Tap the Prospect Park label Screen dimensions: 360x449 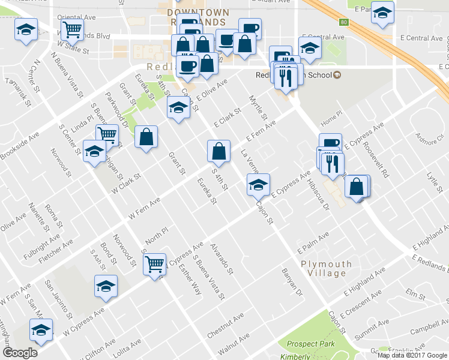click(x=310, y=344)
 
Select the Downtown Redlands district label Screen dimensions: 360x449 click(x=189, y=16)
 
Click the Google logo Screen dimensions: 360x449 click(x=20, y=353)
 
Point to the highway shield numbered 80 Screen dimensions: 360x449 click(x=344, y=23)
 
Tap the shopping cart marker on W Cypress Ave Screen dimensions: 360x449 click(x=155, y=263)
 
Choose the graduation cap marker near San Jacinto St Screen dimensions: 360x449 click(x=106, y=286)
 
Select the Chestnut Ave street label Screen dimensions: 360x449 click(x=225, y=325)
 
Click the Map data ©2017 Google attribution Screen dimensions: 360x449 click(x=411, y=355)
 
